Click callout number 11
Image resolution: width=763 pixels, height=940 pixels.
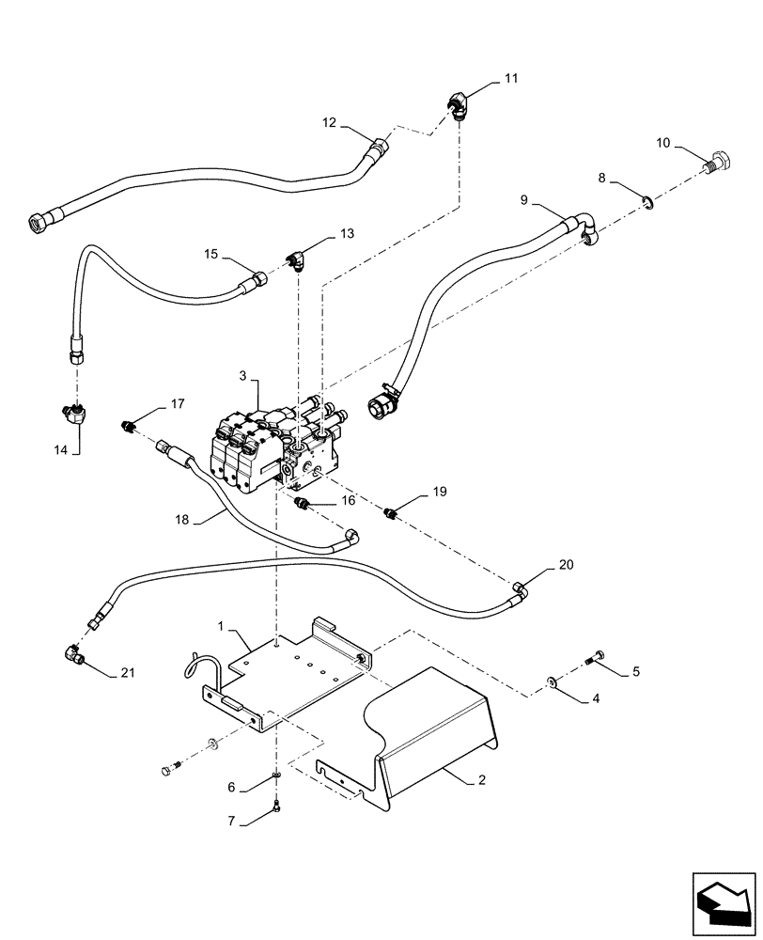point(510,79)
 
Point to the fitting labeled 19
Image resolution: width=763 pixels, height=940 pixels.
point(391,513)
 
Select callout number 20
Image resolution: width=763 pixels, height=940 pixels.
point(565,565)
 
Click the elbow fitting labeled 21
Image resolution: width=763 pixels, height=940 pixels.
point(72,651)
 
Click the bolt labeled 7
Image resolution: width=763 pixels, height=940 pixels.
point(276,804)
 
